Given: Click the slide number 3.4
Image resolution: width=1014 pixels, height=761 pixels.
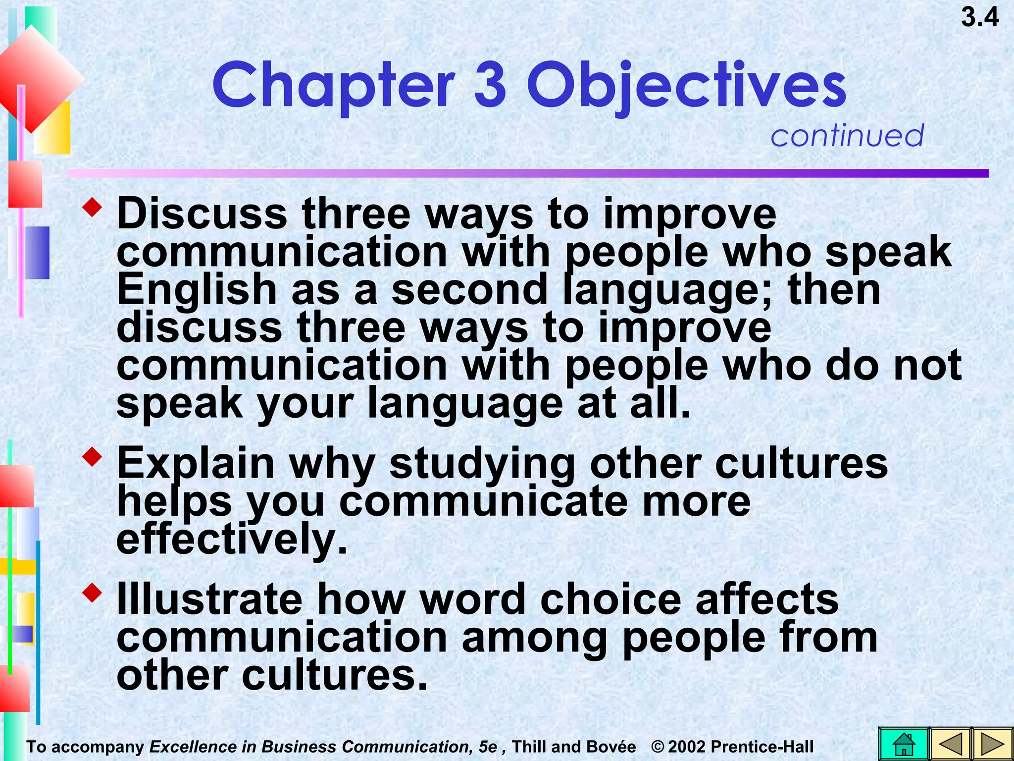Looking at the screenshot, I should tap(979, 18).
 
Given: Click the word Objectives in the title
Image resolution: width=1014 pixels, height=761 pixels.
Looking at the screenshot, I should tap(686, 85).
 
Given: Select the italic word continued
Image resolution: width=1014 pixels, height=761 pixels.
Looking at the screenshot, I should tap(847, 135).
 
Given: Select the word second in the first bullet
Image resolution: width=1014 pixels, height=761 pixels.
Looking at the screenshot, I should tap(469, 290).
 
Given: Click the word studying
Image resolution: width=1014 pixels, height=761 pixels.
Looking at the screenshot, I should tap(482, 465).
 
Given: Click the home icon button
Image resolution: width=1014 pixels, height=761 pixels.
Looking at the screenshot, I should tap(904, 744).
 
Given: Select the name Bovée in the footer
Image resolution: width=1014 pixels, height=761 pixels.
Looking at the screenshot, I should tap(614, 747).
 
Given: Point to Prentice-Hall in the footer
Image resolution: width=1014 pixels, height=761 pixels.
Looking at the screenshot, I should tap(762, 747).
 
